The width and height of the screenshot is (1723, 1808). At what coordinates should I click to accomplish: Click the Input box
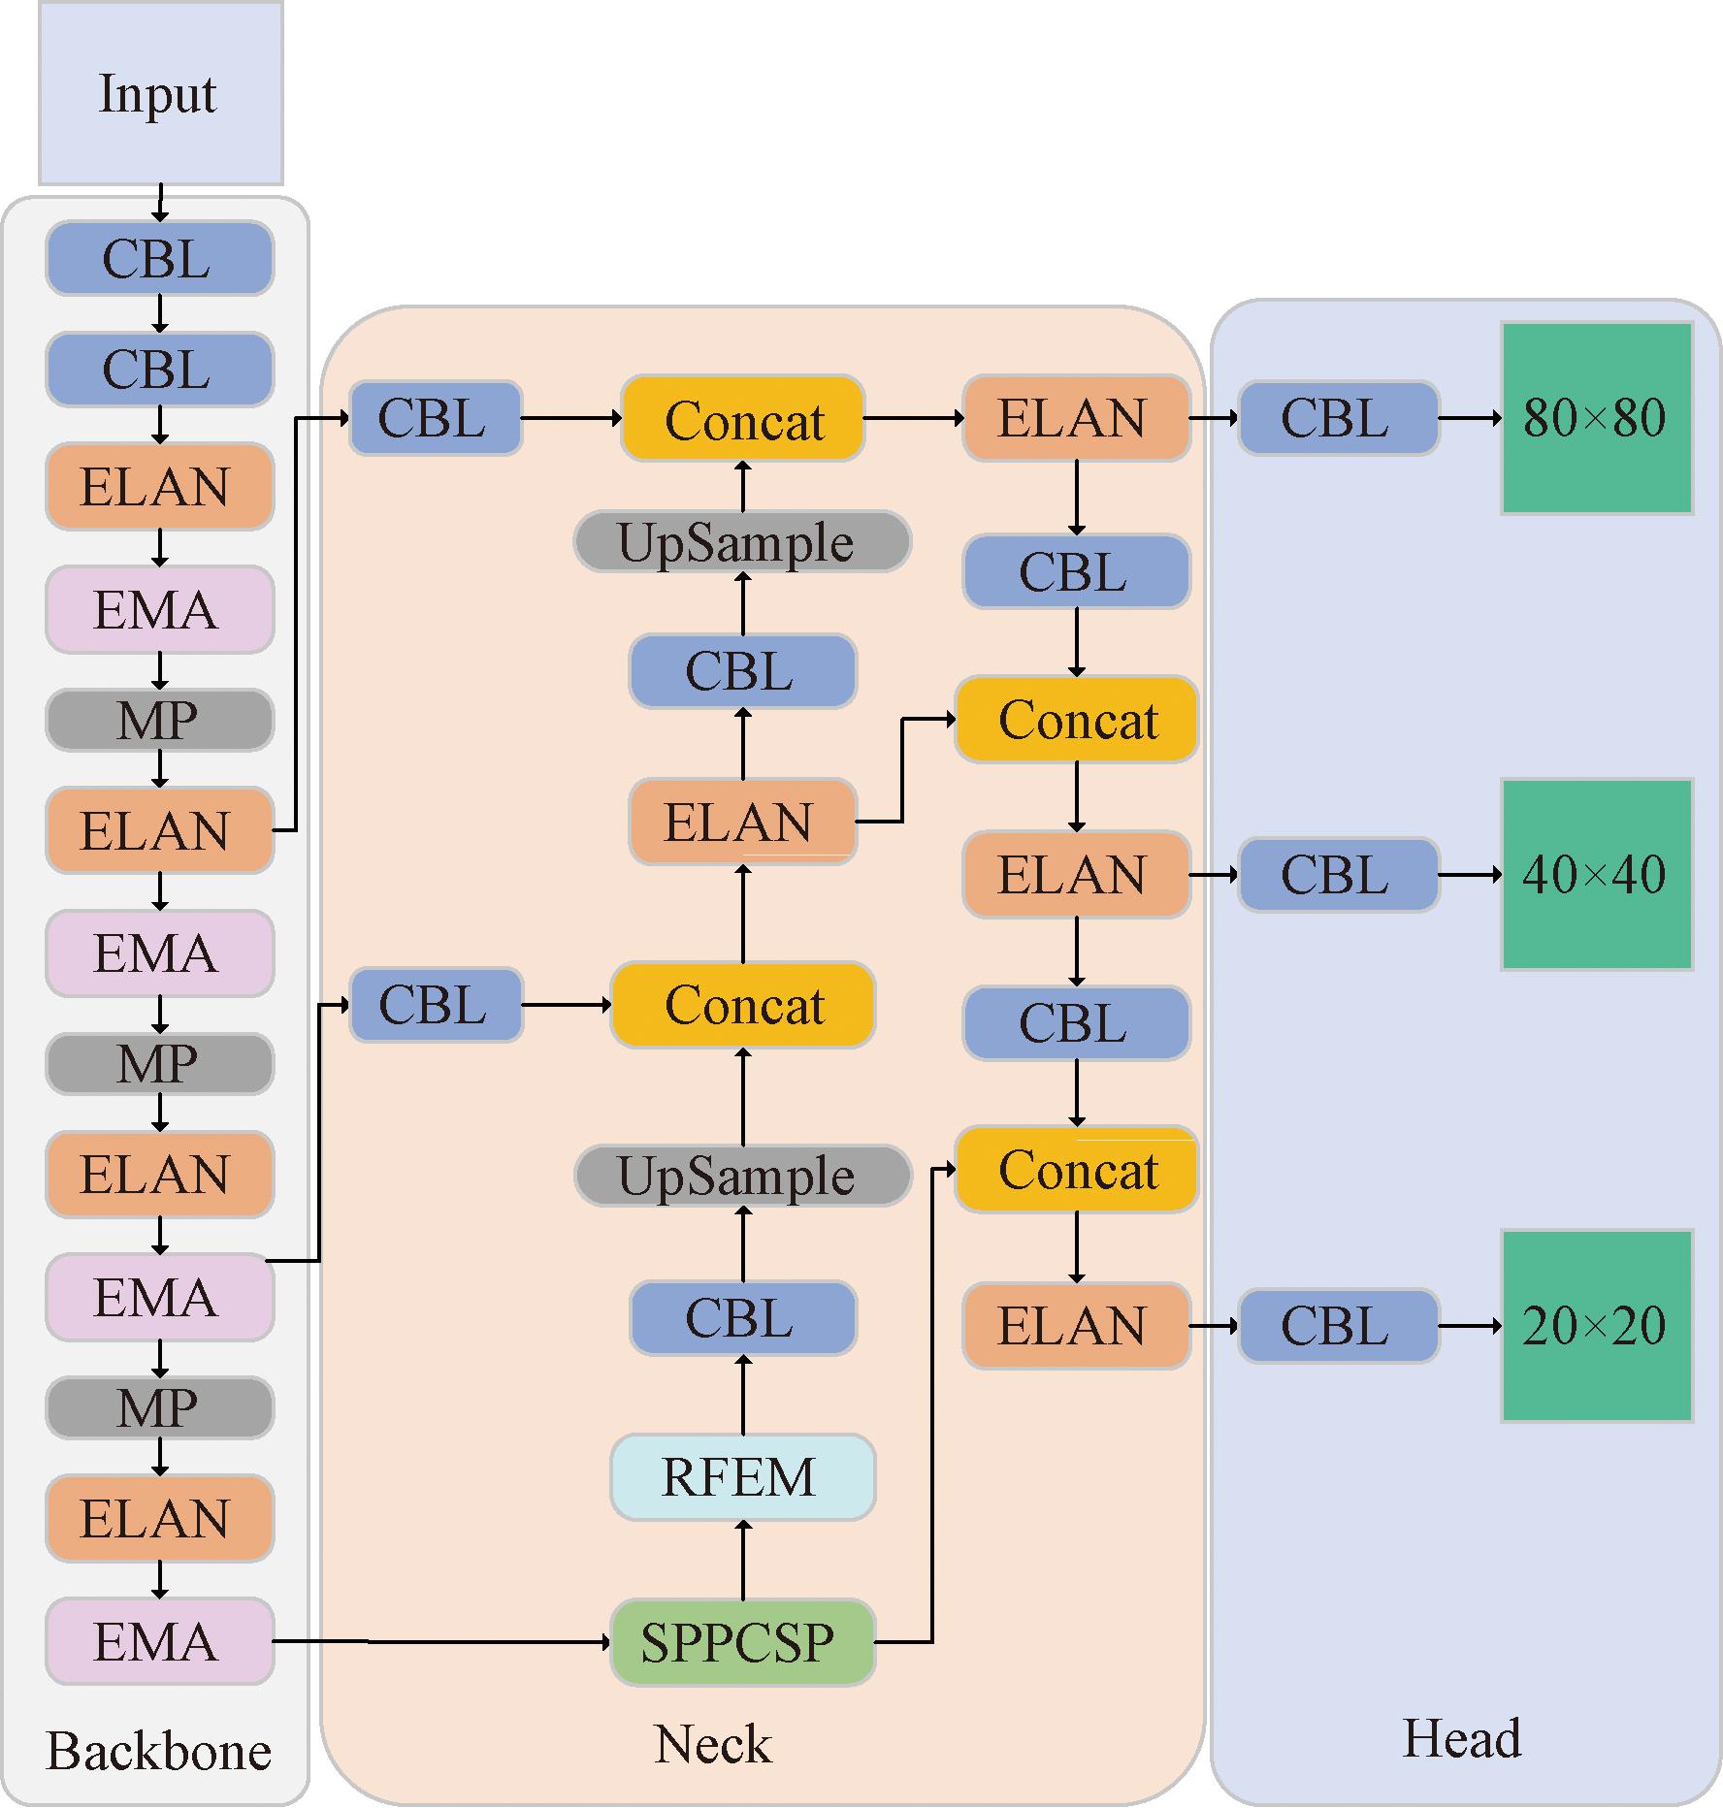point(160,93)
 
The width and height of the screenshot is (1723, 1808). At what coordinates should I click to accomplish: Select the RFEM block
point(742,1476)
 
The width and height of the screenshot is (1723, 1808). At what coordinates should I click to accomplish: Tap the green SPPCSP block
point(742,1642)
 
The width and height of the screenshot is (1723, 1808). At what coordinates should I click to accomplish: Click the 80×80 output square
point(1596,418)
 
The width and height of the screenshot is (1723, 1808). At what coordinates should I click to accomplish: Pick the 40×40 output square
point(1596,874)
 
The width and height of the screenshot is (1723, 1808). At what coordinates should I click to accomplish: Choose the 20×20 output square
point(1596,1326)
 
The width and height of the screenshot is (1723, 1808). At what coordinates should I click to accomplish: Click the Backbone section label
point(159,1751)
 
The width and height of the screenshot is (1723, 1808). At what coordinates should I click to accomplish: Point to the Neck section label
point(713,1744)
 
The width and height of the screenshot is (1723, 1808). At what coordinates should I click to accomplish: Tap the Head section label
point(1462,1738)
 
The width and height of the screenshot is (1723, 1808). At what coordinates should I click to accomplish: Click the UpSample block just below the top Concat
point(742,542)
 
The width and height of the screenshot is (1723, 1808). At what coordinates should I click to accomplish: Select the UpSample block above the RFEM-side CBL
point(742,1176)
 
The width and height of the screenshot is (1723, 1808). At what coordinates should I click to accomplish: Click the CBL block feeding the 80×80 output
point(1338,418)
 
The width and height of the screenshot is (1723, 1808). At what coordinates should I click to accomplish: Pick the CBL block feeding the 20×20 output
point(1338,1326)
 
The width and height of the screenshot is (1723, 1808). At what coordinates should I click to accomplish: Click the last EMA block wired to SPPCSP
point(159,1641)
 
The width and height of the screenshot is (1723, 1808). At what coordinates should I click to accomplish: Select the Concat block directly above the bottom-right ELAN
point(1076,1170)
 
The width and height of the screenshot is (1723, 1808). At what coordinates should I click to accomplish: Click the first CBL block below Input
point(159,259)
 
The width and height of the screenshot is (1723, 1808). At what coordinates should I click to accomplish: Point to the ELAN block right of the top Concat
point(1076,418)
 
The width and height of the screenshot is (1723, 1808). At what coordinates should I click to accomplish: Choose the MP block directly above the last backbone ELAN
point(159,1407)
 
